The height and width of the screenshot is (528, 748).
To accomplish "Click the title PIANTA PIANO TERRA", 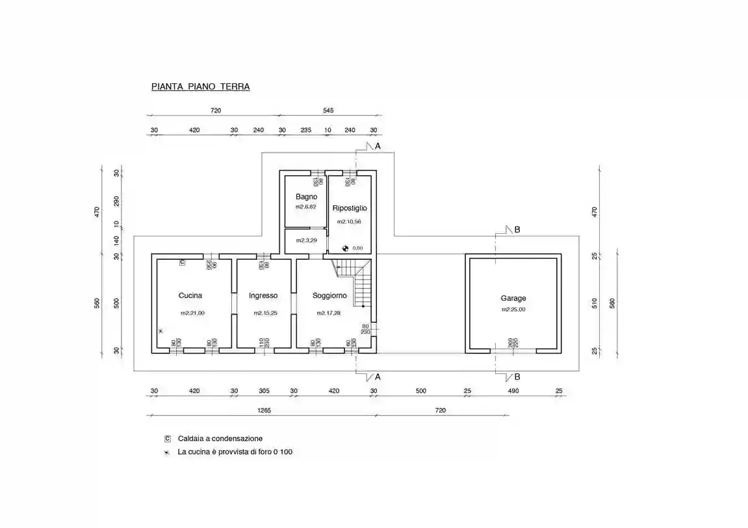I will pyautogui.click(x=200, y=86).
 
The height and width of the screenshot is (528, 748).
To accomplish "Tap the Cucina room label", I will pyautogui.click(x=190, y=295).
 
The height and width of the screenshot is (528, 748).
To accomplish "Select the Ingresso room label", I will pyautogui.click(x=263, y=295).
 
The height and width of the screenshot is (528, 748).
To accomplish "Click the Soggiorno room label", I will pyautogui.click(x=329, y=295).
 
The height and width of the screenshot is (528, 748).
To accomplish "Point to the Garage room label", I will pyautogui.click(x=513, y=298).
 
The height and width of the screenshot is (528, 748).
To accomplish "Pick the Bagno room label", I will pyautogui.click(x=306, y=196).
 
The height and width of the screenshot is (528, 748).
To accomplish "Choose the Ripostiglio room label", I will pyautogui.click(x=350, y=208).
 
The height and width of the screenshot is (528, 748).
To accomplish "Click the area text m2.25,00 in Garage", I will pyautogui.click(x=513, y=310).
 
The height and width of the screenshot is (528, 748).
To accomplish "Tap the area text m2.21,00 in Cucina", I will pyautogui.click(x=192, y=313).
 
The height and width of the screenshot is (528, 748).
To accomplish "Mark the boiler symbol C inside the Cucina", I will pyautogui.click(x=182, y=262).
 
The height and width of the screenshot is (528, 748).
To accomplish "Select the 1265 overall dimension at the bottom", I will pyautogui.click(x=264, y=410).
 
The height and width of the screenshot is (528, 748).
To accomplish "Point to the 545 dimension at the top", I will pyautogui.click(x=328, y=110).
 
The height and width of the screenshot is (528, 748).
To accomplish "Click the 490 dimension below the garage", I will pyautogui.click(x=513, y=391).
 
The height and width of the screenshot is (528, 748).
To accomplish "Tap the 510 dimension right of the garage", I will pyautogui.click(x=594, y=303).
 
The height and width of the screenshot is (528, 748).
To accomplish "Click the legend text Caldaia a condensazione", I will pyautogui.click(x=220, y=438).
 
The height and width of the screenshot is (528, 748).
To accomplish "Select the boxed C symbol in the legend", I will pyautogui.click(x=168, y=438).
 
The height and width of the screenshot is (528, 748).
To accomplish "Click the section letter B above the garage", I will pyautogui.click(x=517, y=229).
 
